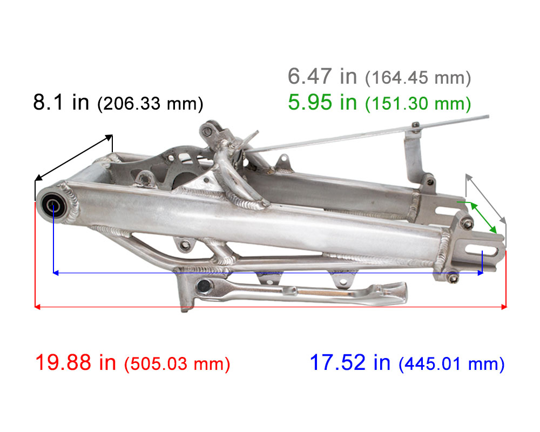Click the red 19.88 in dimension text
pyautogui.click(x=75, y=362)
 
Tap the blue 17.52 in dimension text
pyautogui.click(x=349, y=362)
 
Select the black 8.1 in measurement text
pyautogui.click(x=60, y=102)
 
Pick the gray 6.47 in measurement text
pyautogui.click(x=322, y=76)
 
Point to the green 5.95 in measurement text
pyautogui.click(x=322, y=102)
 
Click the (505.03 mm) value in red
pyautogui.click(x=177, y=364)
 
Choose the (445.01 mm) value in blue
pyautogui.click(x=451, y=364)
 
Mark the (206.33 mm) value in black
pyautogui.click(x=150, y=104)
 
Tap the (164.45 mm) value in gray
pyautogui.click(x=418, y=78)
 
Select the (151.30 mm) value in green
pyautogui.click(x=418, y=104)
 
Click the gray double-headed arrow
pyautogui.click(x=486, y=198)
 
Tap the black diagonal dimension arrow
pyautogui.click(x=73, y=157)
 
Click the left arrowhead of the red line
pyautogui.click(x=37, y=307)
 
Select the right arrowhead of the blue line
pyautogui.click(x=480, y=273)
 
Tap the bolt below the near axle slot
pyautogui.click(x=453, y=278)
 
